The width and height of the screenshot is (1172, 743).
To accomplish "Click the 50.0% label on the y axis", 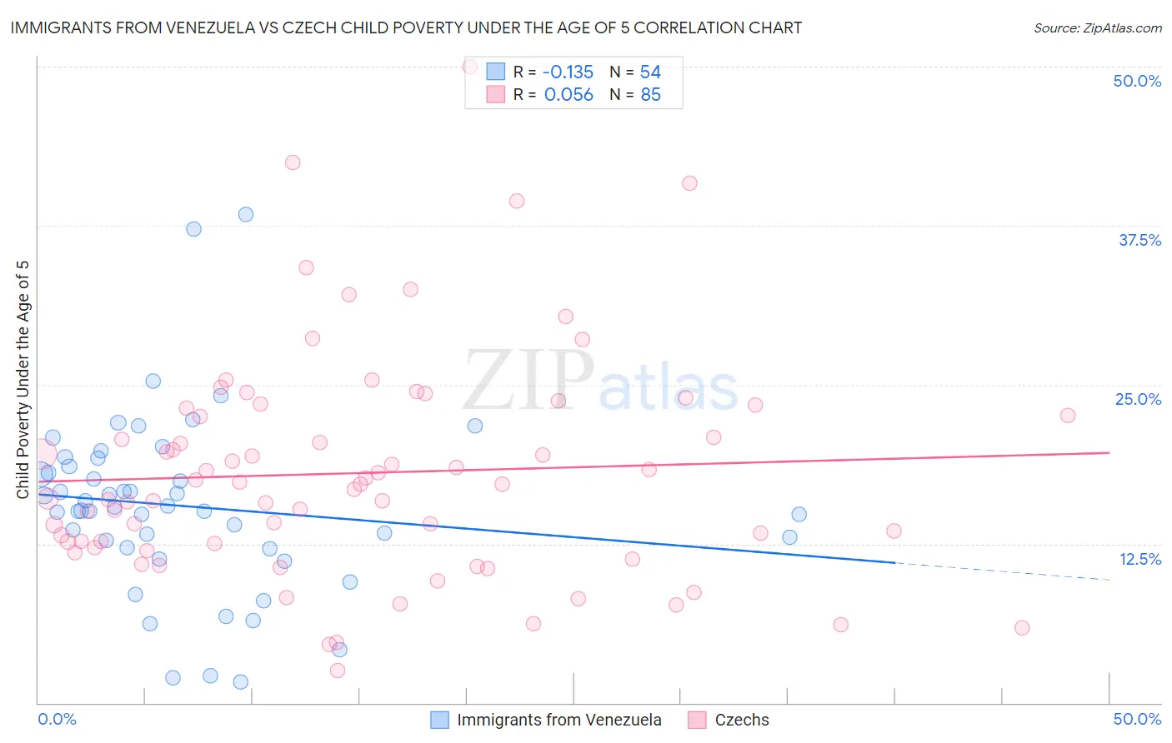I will pos(1137,81).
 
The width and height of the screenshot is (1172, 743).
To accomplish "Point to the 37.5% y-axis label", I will pos(1139,240).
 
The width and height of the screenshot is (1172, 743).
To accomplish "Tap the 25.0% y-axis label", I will pos(1138,399).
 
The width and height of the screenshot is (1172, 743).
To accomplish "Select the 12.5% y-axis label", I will pos(1139,559).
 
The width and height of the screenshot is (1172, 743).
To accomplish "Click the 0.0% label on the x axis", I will pos(57,719).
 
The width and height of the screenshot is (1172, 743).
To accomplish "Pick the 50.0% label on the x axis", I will pos(1137,719).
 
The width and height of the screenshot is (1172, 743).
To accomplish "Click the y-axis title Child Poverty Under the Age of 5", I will pos(23,379).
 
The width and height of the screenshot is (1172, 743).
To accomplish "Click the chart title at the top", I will pos(406,27).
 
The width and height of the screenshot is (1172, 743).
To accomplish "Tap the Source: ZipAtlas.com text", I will pos(1097,27).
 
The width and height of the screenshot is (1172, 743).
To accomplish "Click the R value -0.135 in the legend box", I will pos(568,72).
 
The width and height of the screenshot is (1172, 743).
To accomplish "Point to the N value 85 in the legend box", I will pos(650,95).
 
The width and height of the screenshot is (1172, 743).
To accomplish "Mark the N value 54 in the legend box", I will pos(650,72).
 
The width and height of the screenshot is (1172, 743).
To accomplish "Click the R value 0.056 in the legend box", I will pos(568,95).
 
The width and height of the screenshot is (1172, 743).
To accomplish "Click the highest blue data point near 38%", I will pos(245,214).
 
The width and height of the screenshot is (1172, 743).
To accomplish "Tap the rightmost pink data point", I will pos(1067,415).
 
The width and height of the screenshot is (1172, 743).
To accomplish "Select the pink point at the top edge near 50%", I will pos(469,66).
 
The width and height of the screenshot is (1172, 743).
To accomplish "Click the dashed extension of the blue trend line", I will pos(1000,571).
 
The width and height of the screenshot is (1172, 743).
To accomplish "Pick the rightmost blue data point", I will pos(799,514).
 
